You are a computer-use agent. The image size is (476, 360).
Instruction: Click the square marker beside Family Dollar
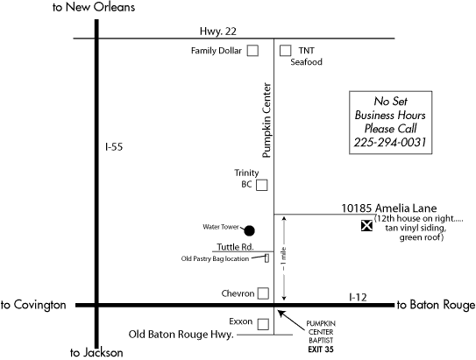coord(252,51)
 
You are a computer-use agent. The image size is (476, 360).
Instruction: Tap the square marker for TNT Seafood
coord(285,51)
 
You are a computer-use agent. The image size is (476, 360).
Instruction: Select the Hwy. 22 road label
coord(218,32)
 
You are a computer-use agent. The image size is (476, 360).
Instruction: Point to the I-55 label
coord(114,147)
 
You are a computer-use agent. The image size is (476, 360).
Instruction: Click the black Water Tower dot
coord(249,230)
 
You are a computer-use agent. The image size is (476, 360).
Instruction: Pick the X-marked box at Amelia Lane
coord(366,225)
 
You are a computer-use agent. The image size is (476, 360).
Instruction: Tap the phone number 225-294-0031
coord(390,142)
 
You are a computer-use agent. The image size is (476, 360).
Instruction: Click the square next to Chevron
coord(263,293)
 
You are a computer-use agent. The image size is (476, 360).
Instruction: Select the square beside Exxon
coord(263,324)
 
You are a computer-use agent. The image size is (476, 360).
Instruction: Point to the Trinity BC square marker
coord(261,185)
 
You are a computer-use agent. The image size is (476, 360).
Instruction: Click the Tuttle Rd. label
coord(235,247)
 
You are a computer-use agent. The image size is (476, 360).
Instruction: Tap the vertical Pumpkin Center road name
coord(266,120)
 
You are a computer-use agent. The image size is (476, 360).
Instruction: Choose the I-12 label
coord(358,297)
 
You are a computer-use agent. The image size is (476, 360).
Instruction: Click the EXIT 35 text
coord(321,349)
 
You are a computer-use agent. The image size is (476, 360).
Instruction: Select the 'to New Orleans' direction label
coord(94,7)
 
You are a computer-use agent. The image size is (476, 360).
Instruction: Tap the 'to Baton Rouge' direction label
coord(436,305)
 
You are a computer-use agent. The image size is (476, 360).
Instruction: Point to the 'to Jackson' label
coord(96,353)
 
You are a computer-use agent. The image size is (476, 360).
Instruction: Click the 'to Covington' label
coord(33,305)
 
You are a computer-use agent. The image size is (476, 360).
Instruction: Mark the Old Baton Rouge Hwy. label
coord(181,335)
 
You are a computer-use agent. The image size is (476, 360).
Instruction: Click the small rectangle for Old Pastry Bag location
coord(266,258)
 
